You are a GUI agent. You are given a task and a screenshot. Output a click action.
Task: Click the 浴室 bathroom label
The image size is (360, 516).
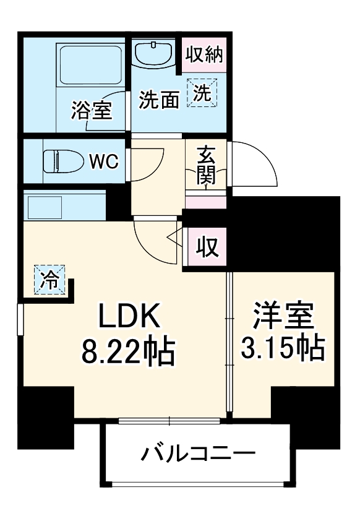[91, 111]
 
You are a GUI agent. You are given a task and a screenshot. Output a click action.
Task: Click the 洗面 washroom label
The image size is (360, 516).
[158, 100]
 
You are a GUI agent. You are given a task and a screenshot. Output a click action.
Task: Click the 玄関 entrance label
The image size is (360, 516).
[206, 166]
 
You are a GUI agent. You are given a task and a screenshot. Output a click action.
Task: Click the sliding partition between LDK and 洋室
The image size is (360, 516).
[229, 343]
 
